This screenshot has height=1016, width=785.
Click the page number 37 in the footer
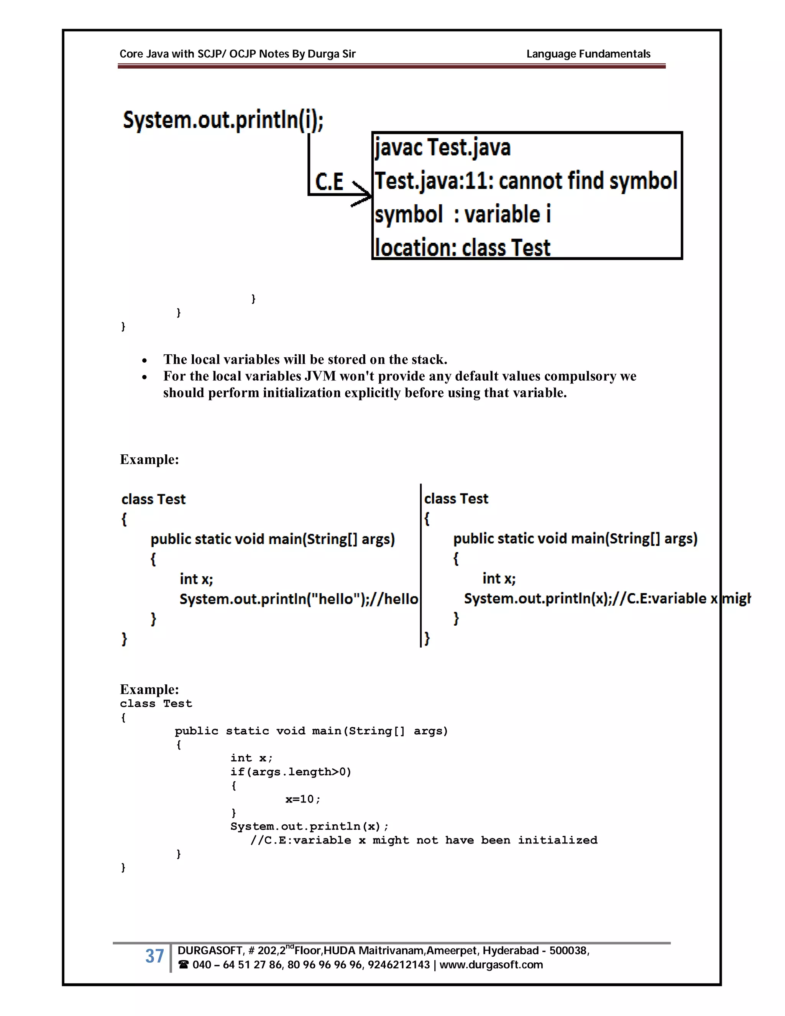point(154,956)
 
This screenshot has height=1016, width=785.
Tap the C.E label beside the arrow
point(329,181)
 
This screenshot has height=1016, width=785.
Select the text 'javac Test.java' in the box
point(442,148)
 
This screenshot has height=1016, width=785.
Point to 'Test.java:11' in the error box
point(434,181)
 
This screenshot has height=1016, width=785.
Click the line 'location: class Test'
point(462,248)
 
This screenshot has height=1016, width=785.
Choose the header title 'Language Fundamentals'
point(588,54)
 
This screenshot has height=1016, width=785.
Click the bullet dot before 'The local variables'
point(145,360)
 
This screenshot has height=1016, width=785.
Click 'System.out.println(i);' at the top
point(223,120)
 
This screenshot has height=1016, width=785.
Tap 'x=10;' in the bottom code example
point(303,799)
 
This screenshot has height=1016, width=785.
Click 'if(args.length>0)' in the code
point(291,772)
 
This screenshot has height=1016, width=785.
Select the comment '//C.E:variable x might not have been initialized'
point(423,840)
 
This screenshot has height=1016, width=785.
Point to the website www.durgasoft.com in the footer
point(491,965)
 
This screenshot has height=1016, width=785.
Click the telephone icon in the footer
point(184,965)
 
